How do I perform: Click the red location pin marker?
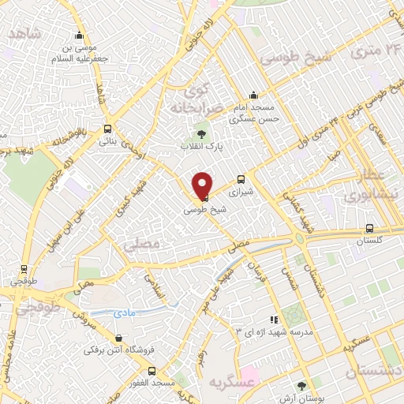202,186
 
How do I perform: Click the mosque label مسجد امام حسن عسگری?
252,115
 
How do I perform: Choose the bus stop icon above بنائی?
107,129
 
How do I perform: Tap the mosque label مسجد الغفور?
151,382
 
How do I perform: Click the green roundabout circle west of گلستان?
301,240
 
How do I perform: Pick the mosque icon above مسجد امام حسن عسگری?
253,95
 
